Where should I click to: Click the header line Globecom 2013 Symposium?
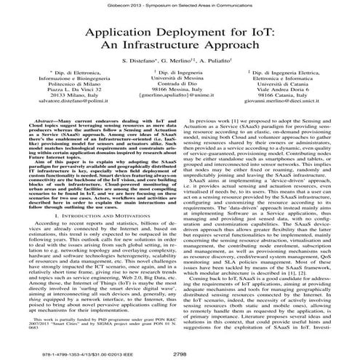click(180, 4)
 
